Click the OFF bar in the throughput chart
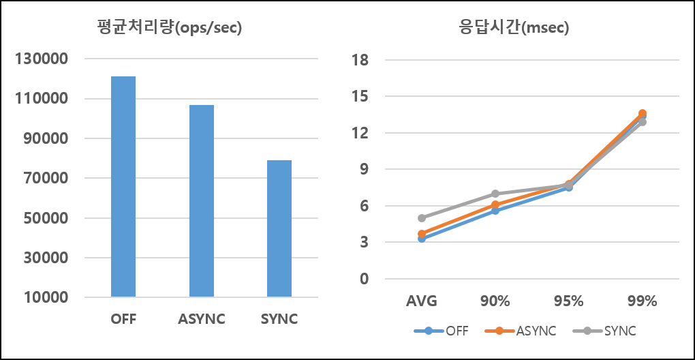123,187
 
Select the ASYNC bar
201,201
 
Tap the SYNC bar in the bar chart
279,229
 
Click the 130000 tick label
42,59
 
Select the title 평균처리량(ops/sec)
169,28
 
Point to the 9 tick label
364,169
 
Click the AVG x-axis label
422,301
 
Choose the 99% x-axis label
642,301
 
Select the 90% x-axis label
495,301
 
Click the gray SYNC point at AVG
422,218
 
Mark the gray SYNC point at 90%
495,194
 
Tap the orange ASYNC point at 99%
642,113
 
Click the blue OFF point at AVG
422,239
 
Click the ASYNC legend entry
521,331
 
